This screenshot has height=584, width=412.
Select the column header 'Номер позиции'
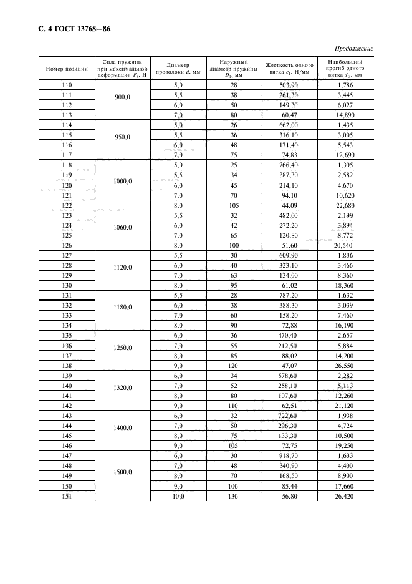tap(67, 69)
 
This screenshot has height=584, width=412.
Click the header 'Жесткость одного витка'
tap(289, 69)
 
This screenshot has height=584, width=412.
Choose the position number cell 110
tap(67, 84)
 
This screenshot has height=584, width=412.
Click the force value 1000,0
tap(122, 181)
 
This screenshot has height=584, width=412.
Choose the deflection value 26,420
tap(345, 496)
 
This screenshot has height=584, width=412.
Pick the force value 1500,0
tap(122, 472)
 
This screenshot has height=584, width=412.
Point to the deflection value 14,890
tap(345, 115)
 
